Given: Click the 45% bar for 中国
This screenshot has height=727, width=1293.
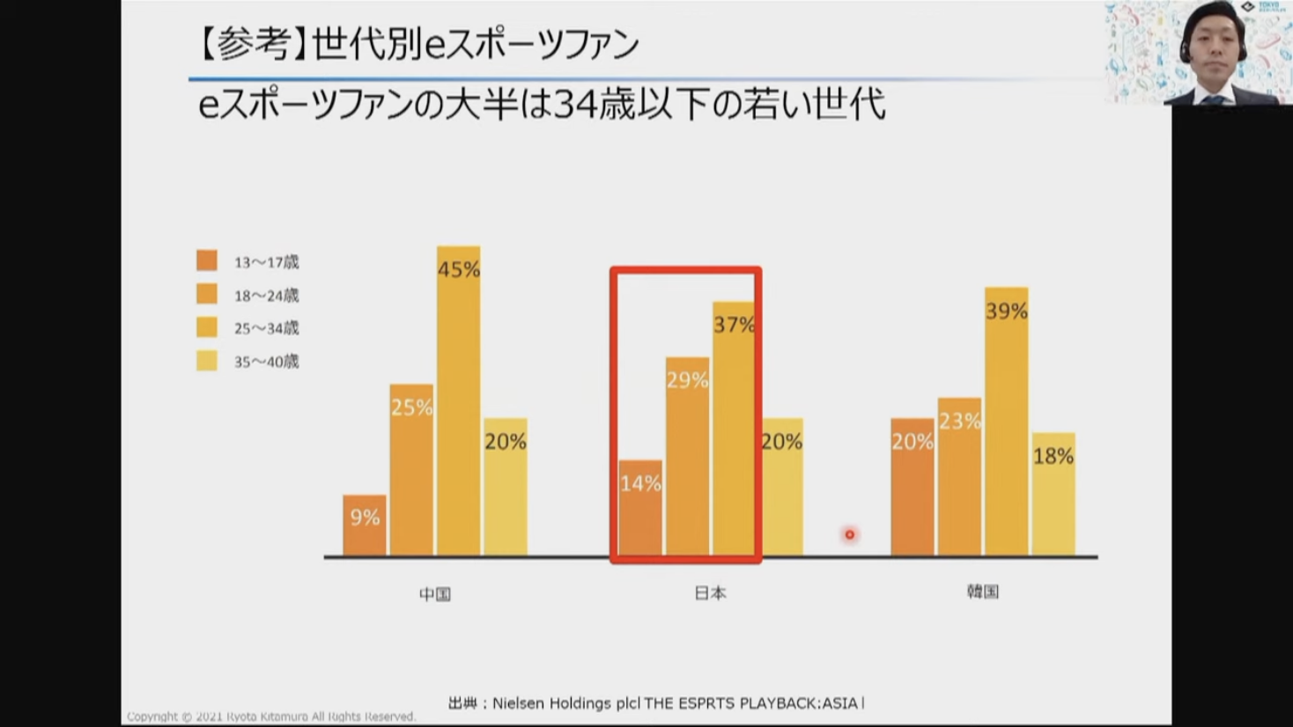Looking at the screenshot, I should tap(458, 400).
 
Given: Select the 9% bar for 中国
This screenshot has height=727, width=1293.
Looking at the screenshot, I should tap(365, 525).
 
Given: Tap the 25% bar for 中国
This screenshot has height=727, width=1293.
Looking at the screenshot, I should tap(411, 470).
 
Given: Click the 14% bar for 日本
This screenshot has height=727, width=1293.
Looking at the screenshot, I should tap(640, 508).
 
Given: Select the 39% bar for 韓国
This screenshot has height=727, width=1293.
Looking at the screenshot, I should tap(1006, 422).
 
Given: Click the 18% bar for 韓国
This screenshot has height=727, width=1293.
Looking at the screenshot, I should tap(1053, 494).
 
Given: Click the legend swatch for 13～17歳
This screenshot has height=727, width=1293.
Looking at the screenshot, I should tap(207, 261).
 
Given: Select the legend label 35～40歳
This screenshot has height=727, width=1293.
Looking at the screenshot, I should tap(266, 362).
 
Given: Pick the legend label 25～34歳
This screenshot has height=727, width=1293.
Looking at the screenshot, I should tap(266, 328).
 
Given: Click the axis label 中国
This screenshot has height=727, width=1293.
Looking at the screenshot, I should tap(435, 594).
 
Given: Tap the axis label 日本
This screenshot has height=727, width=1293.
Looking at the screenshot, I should tap(710, 593).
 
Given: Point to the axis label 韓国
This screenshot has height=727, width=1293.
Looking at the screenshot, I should tap(983, 591).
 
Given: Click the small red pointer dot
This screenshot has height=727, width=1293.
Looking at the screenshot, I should tap(849, 534).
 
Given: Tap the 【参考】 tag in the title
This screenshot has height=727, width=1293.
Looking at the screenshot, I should tap(250, 44).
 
